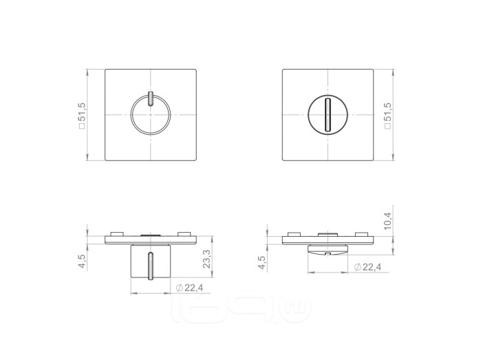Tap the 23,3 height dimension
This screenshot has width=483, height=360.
tap(206, 259)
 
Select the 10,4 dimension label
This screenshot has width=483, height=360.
tap(387, 221)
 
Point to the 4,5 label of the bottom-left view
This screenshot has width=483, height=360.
tap(83, 261)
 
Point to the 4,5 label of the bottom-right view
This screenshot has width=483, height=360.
tap(261, 263)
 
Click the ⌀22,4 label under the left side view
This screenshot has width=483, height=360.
tap(189, 288)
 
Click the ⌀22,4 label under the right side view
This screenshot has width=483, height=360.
tap(367, 267)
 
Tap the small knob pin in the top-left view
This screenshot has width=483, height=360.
tap(150, 99)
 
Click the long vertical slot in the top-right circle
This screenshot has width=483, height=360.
tap(328, 115)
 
